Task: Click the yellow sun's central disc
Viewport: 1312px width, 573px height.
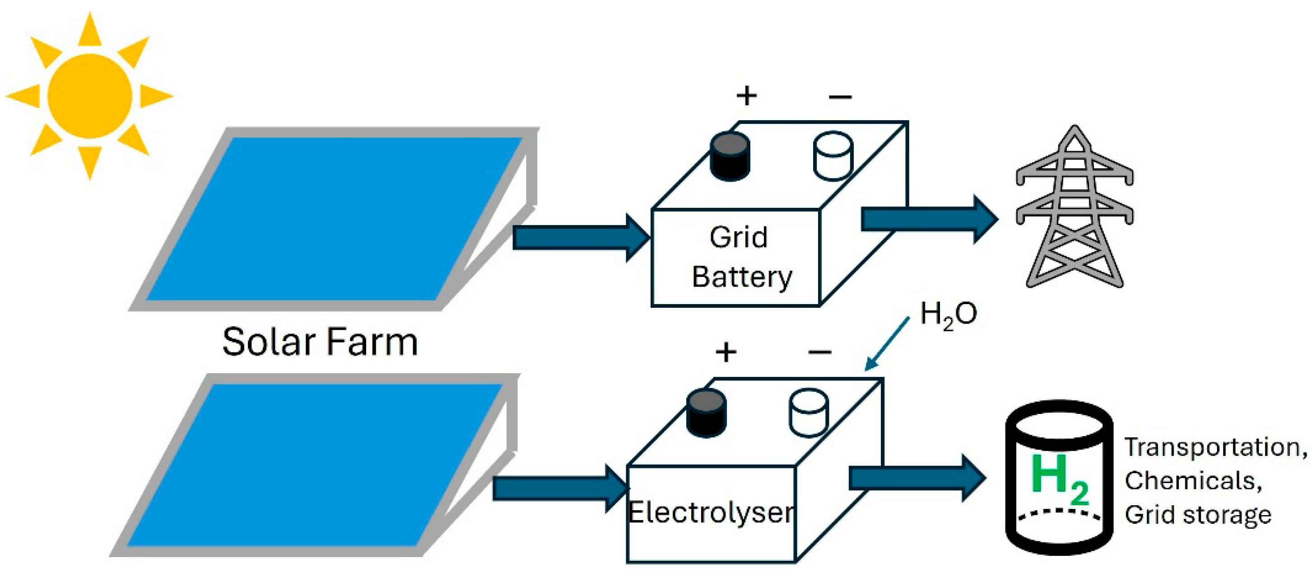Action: (x=90, y=96)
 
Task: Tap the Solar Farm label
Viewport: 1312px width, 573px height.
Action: (x=320, y=342)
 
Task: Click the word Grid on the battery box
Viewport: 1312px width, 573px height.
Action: (x=738, y=238)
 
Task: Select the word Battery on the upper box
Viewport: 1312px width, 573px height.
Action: (x=742, y=277)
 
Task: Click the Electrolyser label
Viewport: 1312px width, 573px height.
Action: (x=711, y=512)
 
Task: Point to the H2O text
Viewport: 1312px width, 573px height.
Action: (x=949, y=314)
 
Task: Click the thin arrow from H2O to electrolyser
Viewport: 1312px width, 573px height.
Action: (x=887, y=343)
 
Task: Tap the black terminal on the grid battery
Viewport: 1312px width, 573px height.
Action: (x=729, y=156)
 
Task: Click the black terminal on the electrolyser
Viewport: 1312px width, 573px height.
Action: (x=707, y=413)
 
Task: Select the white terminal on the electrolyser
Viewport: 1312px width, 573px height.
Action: (x=809, y=413)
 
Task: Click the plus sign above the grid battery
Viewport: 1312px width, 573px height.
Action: (x=747, y=96)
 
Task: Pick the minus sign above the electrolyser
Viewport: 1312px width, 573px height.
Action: (x=819, y=352)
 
